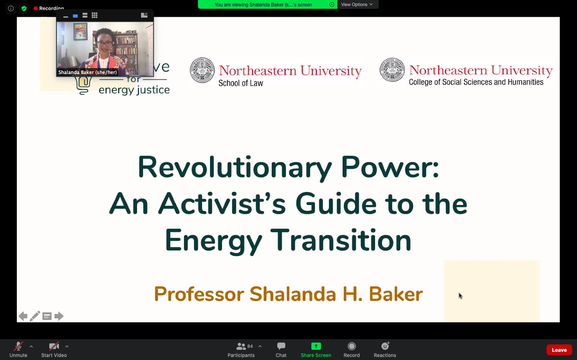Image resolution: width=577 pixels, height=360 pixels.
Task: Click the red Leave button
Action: pyautogui.click(x=559, y=350)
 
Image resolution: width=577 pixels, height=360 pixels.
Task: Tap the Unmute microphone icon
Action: pyautogui.click(x=18, y=346)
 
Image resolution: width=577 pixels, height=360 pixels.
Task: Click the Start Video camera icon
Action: pyautogui.click(x=54, y=346)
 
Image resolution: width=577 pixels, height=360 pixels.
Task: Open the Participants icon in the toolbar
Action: pyautogui.click(x=241, y=346)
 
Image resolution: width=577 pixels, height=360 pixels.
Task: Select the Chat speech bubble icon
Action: pyautogui.click(x=281, y=346)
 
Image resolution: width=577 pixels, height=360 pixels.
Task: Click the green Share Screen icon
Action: pyautogui.click(x=316, y=346)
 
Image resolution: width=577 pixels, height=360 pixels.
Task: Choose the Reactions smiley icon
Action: pyautogui.click(x=385, y=346)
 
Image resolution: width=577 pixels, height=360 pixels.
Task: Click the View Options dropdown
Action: pyautogui.click(x=357, y=4)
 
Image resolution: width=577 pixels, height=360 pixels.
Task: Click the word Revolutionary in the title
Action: pyautogui.click(x=234, y=167)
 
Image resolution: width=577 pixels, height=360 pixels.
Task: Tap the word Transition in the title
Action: pyautogui.click(x=341, y=240)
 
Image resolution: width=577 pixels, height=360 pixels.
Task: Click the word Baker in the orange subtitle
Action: pyautogui.click(x=395, y=294)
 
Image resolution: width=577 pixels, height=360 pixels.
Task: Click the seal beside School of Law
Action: pyautogui.click(x=202, y=70)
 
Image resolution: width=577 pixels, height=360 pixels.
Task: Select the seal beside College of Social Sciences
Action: pyautogui.click(x=392, y=70)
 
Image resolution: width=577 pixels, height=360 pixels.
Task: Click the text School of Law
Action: pyautogui.click(x=241, y=83)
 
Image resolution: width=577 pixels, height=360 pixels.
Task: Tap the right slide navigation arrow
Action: pyautogui.click(x=59, y=316)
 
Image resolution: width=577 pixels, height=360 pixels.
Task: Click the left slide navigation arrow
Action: pyautogui.click(x=23, y=316)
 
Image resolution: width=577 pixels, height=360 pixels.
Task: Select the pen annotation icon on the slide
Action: pyautogui.click(x=35, y=316)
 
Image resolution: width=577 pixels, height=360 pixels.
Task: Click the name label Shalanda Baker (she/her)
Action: pyautogui.click(x=88, y=72)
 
